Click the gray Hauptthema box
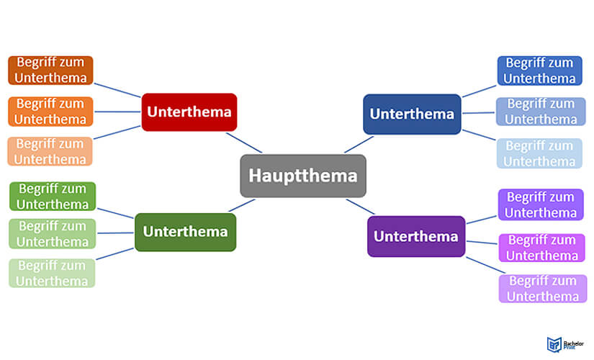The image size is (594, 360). [x=303, y=176]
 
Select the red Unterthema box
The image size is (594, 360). [x=189, y=112]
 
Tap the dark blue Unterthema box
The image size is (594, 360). [x=412, y=114]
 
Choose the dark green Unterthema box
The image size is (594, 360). [x=185, y=232]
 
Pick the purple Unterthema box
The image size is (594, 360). [x=416, y=236]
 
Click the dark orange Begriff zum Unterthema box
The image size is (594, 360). [x=50, y=71]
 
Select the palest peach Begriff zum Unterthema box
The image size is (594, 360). [x=50, y=151]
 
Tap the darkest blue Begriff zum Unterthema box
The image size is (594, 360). [x=540, y=71]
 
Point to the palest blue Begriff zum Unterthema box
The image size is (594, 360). [x=540, y=153]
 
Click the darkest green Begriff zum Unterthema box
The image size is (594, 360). [x=53, y=197]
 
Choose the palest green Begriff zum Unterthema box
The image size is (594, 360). [x=52, y=273]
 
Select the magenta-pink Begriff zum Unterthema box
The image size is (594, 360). [x=542, y=248]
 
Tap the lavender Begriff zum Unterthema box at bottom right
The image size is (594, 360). [x=542, y=288]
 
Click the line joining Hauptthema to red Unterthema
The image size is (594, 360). [x=243, y=143]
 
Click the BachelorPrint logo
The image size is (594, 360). [x=557, y=343]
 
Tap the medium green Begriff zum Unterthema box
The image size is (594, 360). [x=53, y=234]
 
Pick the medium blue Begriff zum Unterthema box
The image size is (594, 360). [x=541, y=112]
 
